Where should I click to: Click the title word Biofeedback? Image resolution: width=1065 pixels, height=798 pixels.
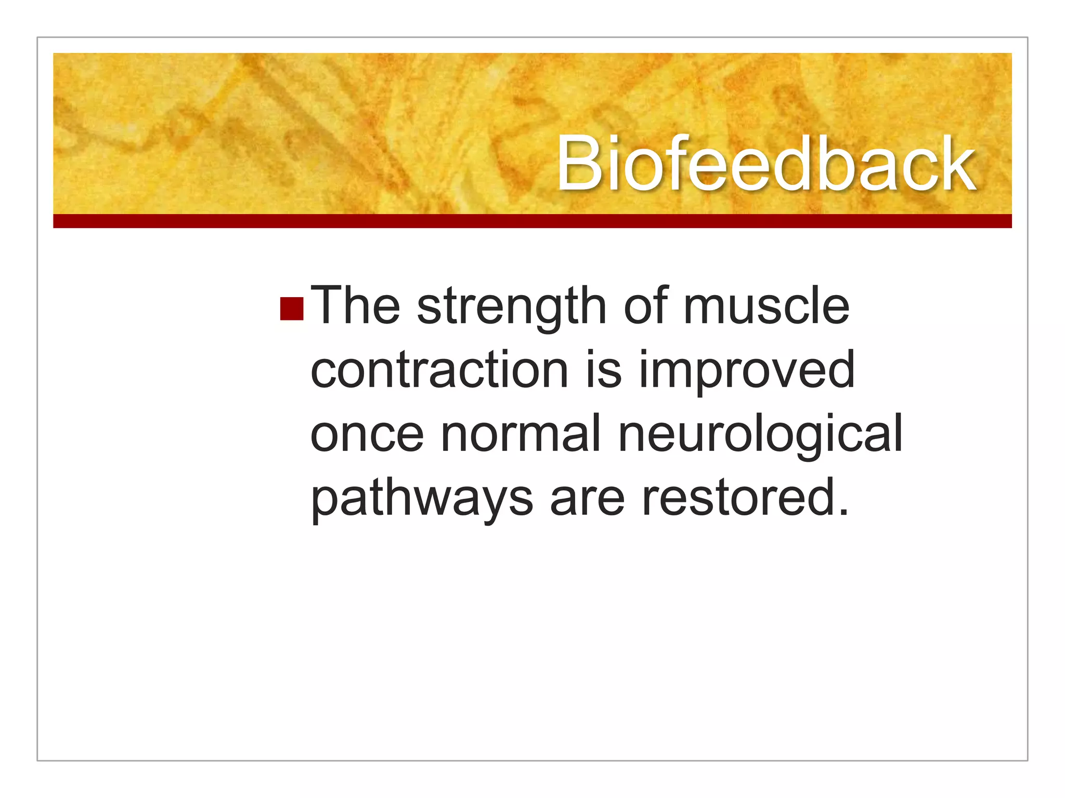[x=765, y=164]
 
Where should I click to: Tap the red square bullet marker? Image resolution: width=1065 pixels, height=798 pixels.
[x=291, y=309]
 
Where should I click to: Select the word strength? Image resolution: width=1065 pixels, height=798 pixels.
[x=512, y=308]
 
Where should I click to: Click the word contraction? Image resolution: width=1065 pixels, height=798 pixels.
[x=439, y=370]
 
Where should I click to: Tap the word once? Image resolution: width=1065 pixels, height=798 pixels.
[x=367, y=434]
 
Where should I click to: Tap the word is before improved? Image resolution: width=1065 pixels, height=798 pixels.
[x=604, y=370]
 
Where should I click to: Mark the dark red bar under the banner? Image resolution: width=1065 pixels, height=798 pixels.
[x=532, y=221]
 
